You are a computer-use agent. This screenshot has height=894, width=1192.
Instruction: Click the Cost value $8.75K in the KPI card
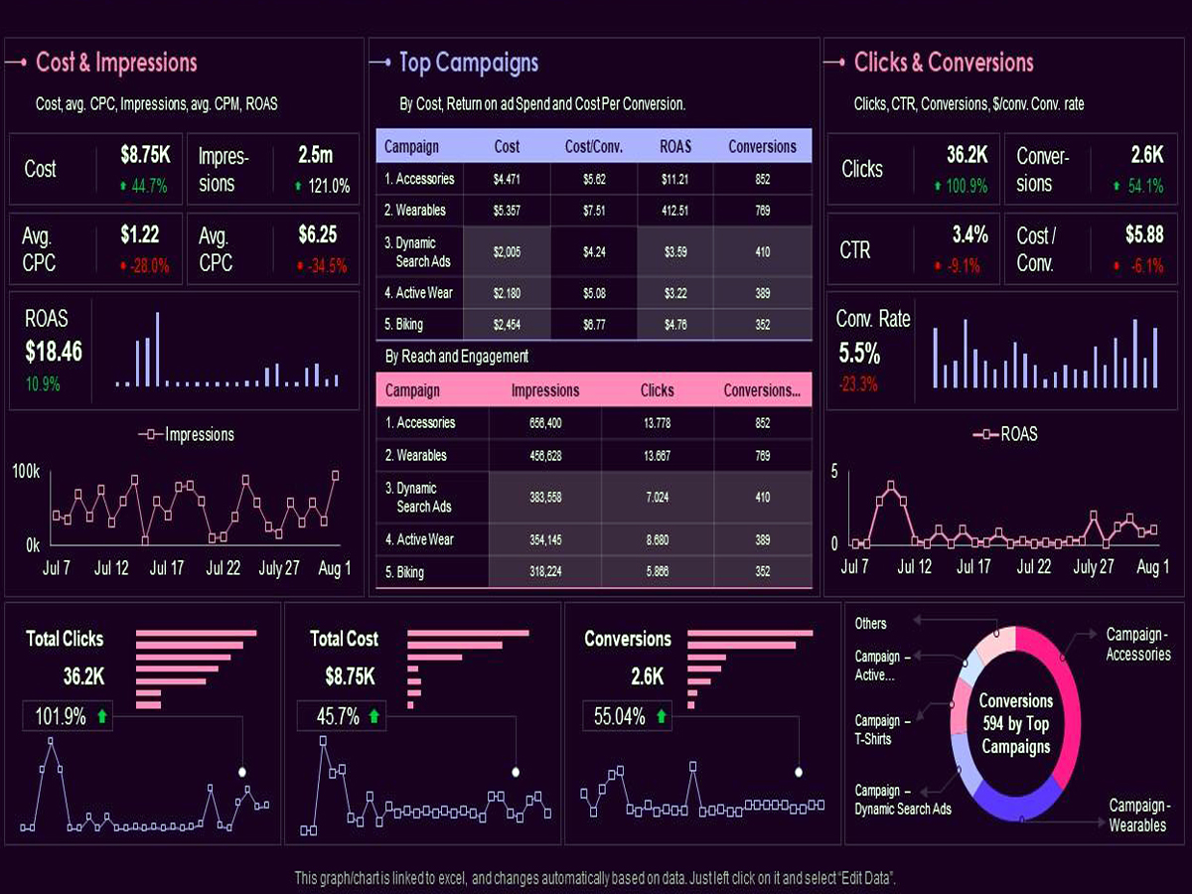(145, 155)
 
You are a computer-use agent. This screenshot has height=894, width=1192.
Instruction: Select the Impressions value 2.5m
(315, 155)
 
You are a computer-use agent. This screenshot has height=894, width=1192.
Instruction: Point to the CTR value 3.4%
(969, 235)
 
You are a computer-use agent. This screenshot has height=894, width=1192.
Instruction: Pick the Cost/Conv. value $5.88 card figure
(1144, 235)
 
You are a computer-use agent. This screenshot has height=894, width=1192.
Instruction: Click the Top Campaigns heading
(468, 63)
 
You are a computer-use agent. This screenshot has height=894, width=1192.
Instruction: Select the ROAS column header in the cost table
(675, 146)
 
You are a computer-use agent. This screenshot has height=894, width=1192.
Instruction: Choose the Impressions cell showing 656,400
(545, 423)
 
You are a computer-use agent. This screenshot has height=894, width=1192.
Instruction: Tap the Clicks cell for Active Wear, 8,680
(657, 539)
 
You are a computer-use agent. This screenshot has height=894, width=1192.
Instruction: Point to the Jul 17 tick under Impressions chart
(166, 569)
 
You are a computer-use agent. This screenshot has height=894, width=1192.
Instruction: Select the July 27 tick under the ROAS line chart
(1093, 567)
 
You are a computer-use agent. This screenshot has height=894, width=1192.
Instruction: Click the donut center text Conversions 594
(1015, 723)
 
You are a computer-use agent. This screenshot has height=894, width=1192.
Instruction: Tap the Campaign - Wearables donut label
(1137, 815)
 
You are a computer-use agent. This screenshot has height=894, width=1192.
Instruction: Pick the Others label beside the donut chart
(870, 624)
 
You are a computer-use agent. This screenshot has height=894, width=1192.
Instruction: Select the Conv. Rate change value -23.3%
(857, 384)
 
